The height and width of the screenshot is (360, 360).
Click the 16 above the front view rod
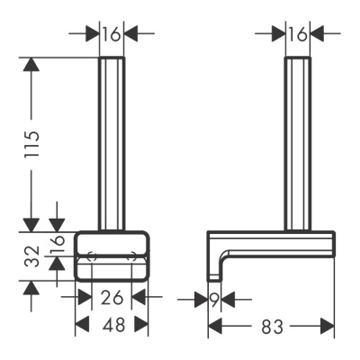tap(112, 34)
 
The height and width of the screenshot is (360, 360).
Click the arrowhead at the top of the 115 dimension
tap(31, 65)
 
